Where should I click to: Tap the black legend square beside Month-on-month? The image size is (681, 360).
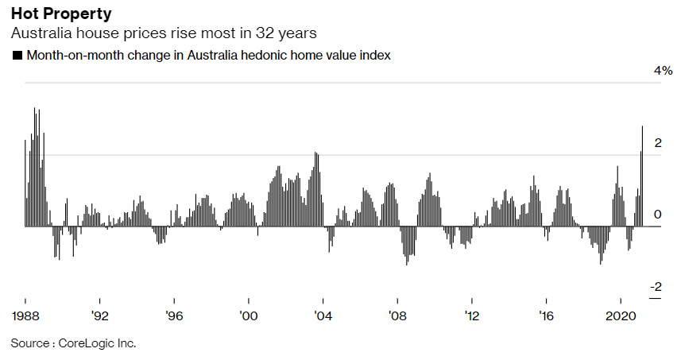(x=17, y=56)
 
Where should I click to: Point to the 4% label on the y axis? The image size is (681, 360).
(x=663, y=71)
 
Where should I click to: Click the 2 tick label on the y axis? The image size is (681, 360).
(x=657, y=143)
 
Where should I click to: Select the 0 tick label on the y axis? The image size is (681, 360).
(x=657, y=215)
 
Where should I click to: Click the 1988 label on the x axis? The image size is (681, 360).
(x=26, y=315)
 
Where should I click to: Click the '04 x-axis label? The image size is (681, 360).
(x=323, y=315)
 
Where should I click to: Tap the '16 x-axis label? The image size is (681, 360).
(x=546, y=315)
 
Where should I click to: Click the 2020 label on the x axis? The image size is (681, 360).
(x=619, y=315)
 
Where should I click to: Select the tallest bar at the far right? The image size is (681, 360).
(x=642, y=175)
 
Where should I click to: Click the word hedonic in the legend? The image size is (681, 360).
(x=272, y=56)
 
